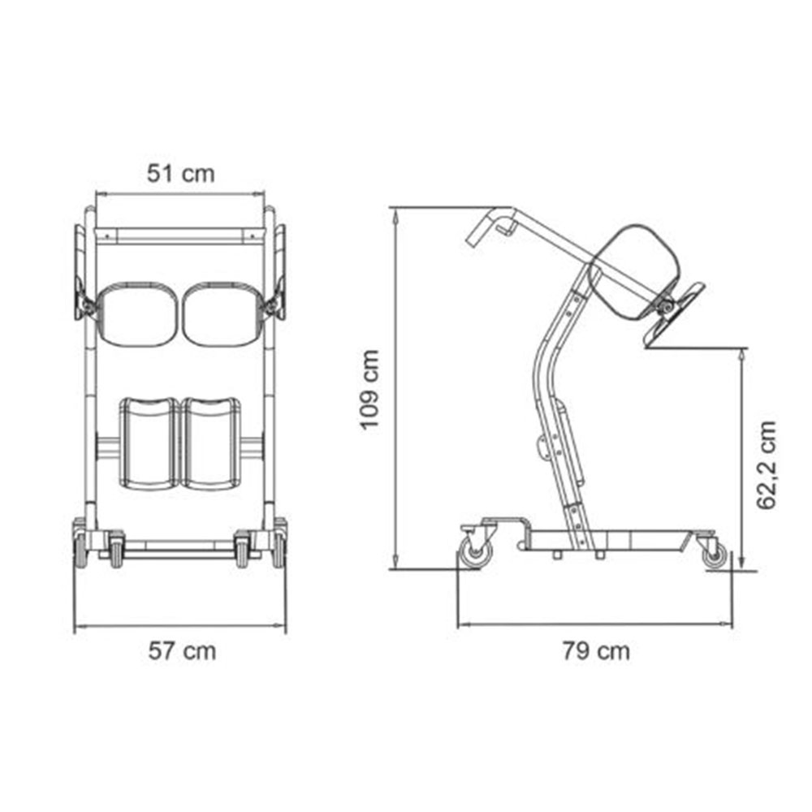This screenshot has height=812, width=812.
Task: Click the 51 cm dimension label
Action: [181, 174]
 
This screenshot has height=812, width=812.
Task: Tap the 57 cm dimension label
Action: [182, 651]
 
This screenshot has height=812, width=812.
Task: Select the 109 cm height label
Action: [370, 390]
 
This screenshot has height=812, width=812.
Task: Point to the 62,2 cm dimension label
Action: [767, 465]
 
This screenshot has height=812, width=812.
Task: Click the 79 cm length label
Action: [597, 651]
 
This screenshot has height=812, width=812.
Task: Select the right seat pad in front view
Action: [222, 313]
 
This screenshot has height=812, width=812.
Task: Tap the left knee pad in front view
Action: [149, 444]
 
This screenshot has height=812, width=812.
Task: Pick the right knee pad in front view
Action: [211, 444]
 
